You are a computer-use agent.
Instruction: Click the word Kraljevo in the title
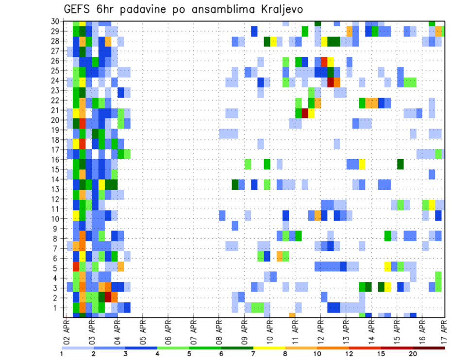click(270, 9)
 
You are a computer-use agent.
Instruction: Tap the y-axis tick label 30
click(56, 21)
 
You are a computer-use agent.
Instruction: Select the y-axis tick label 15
click(56, 169)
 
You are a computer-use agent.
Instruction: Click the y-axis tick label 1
click(58, 307)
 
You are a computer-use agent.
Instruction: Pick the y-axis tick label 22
click(56, 100)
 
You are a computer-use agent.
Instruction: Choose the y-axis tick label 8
click(58, 238)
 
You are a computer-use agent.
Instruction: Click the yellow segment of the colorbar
click(269, 348)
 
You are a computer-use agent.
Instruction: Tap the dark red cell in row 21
click(305, 113)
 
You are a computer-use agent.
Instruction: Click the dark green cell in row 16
click(400, 164)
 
